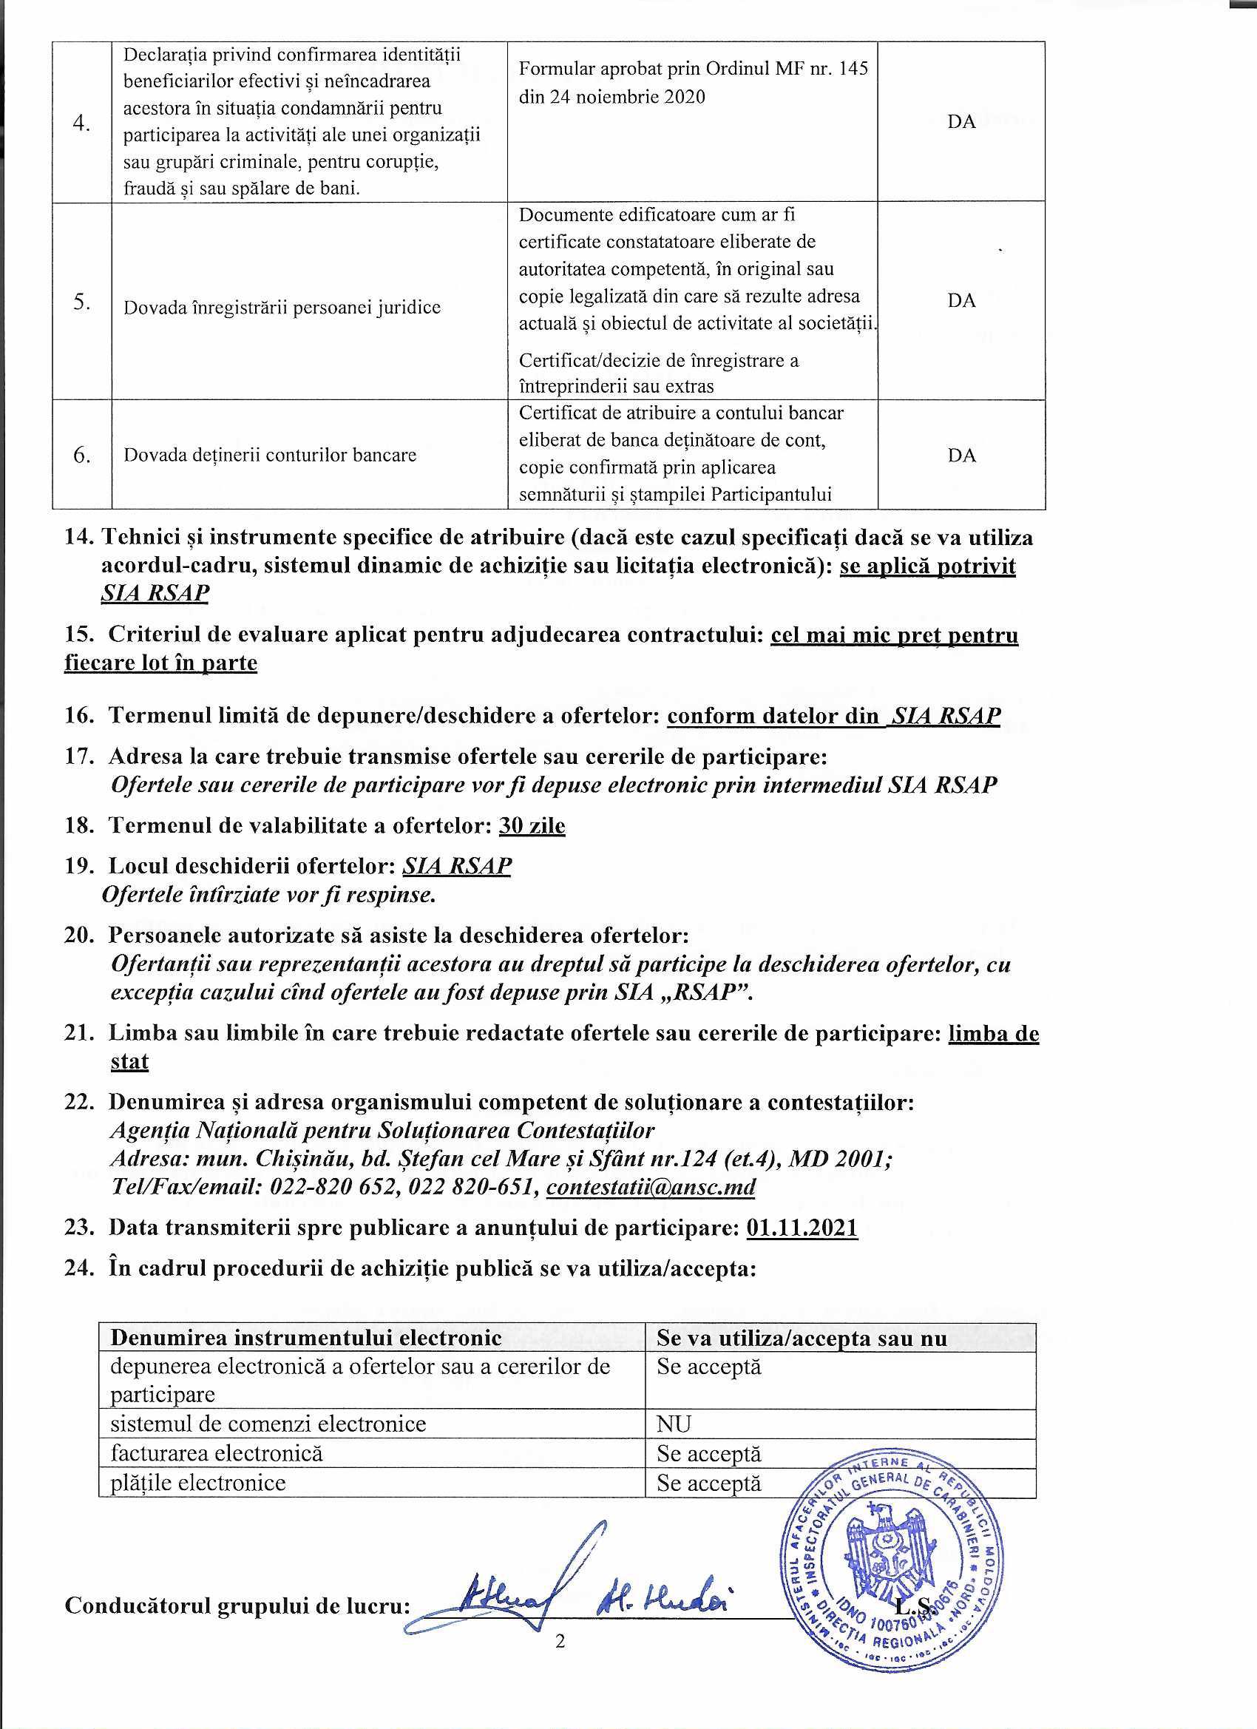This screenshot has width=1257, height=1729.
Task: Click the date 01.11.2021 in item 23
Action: tap(802, 1228)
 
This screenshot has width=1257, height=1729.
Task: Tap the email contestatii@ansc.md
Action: tap(651, 1187)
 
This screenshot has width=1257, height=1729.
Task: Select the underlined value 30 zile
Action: tap(532, 825)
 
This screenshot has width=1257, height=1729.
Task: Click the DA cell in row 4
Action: tap(961, 122)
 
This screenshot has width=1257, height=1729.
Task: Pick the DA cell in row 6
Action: tap(961, 455)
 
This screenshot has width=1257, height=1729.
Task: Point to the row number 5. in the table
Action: tap(82, 302)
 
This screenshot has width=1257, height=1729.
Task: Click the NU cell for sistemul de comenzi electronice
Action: tap(674, 1424)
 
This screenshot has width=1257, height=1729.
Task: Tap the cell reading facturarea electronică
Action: tap(217, 1453)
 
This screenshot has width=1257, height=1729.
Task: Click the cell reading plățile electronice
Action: tap(198, 1483)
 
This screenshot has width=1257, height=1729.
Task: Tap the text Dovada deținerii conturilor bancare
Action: tap(270, 455)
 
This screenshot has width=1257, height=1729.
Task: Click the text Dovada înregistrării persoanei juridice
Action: tap(282, 307)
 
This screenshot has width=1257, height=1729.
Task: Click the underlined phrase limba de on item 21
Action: tap(993, 1033)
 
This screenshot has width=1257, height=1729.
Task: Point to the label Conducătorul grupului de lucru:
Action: tap(237, 1605)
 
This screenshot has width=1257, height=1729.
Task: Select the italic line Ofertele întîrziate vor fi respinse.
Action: tap(269, 894)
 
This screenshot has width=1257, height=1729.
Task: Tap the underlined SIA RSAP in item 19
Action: tap(457, 866)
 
